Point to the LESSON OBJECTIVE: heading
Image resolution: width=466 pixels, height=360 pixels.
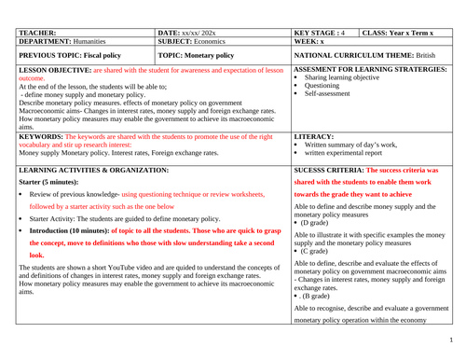coord(54,70)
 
